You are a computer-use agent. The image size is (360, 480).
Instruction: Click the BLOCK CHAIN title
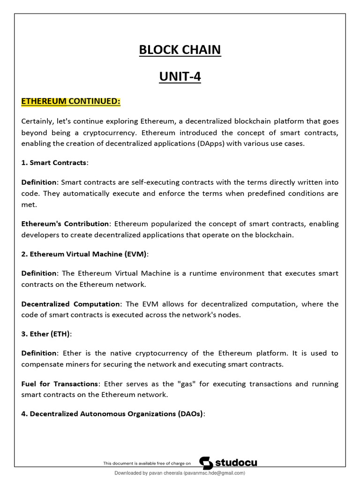(x=180, y=50)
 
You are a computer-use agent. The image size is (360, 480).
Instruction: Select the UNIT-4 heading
(x=180, y=76)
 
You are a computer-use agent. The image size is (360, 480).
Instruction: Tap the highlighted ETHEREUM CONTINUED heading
(x=71, y=101)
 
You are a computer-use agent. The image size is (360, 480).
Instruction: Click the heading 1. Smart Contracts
(x=54, y=163)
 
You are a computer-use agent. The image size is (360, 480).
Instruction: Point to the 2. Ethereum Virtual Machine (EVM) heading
(x=84, y=254)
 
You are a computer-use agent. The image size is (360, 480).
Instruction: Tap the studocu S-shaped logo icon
(x=206, y=463)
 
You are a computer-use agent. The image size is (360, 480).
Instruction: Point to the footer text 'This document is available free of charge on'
(x=147, y=463)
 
